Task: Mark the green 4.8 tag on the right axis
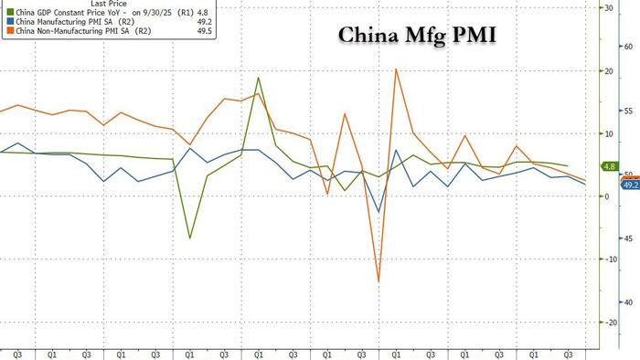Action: [x=609, y=166]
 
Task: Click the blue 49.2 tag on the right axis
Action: [x=629, y=185]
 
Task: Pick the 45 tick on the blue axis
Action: [x=630, y=238]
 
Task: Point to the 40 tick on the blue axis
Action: [x=630, y=302]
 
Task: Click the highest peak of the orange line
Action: [x=396, y=69]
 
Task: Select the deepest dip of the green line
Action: [x=189, y=238]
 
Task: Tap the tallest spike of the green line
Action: [x=259, y=78]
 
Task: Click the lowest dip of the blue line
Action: [x=379, y=213]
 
